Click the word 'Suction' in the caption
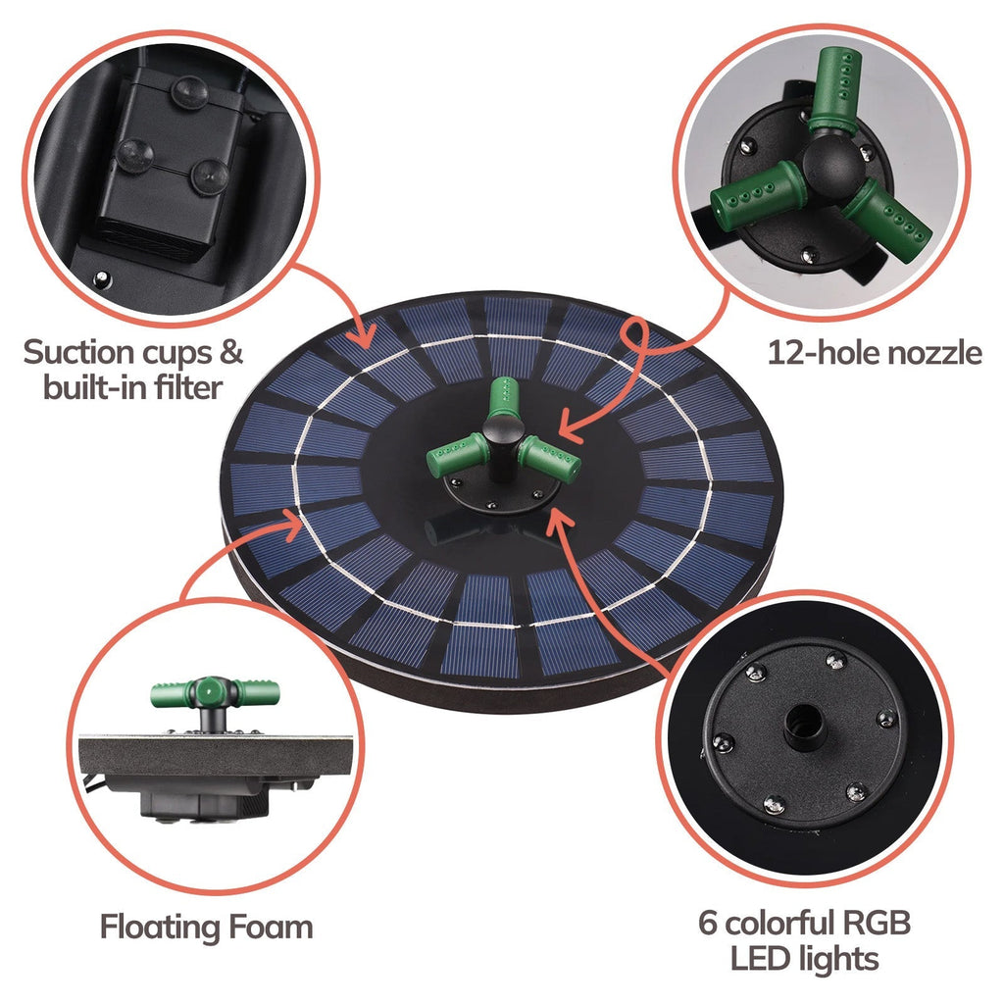pos(78,352)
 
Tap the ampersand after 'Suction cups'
pos(228,352)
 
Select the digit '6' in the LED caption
pos(708,923)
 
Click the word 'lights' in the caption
pos(837,960)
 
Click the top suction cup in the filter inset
pos(189,93)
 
